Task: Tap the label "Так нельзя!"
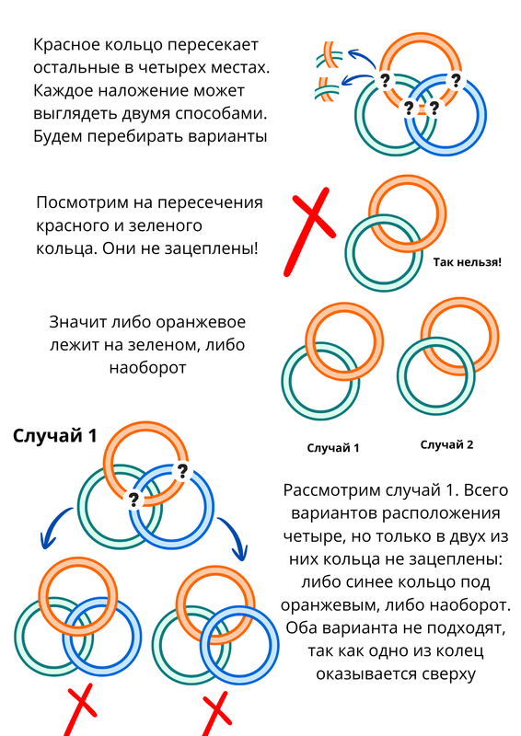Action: click(x=468, y=262)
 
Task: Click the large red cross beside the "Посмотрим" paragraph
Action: click(x=310, y=232)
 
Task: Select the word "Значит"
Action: click(x=78, y=323)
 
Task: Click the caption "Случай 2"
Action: click(x=446, y=444)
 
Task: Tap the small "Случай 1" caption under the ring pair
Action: click(x=333, y=448)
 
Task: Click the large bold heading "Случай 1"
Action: click(x=55, y=435)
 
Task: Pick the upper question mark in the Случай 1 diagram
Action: click(x=181, y=471)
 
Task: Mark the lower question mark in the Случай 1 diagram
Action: click(x=133, y=500)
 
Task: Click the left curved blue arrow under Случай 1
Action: click(x=52, y=525)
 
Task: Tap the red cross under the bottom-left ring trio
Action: click(x=81, y=708)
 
